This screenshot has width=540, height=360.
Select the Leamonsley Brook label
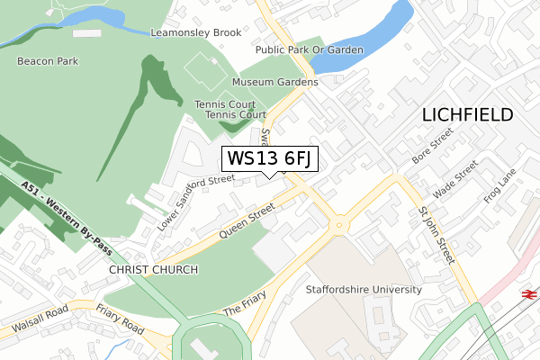tap(195, 32)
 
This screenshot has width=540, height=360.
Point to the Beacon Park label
tap(48, 61)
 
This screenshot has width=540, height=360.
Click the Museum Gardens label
tap(275, 82)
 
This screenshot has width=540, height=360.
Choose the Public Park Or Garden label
tap(309, 50)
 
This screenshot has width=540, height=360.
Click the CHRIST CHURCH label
tap(146, 270)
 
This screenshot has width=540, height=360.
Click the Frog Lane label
tap(499, 188)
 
